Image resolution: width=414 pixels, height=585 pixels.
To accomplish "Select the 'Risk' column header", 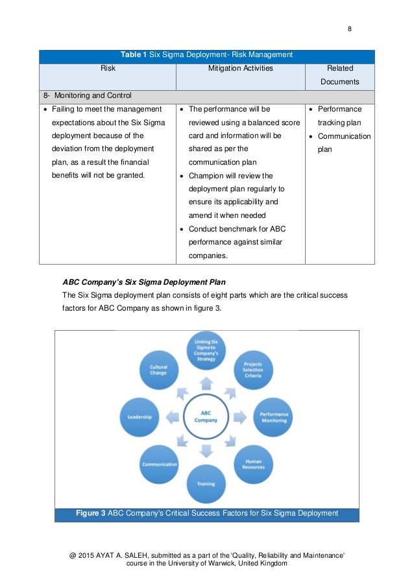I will click(108, 67).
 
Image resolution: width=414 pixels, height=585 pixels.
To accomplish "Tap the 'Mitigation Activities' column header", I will click(240, 67).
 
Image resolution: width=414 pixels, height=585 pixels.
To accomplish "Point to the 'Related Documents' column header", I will click(339, 75).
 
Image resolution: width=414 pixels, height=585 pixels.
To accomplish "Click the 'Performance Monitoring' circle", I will click(273, 417).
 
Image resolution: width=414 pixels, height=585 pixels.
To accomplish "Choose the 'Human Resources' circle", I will click(253, 464).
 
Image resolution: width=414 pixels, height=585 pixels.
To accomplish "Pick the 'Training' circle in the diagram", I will click(206, 484).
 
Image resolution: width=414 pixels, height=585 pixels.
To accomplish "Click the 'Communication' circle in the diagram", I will click(160, 464).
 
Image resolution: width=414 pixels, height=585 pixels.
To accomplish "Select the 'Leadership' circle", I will click(140, 417).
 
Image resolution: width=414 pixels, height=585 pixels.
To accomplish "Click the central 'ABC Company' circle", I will click(206, 416).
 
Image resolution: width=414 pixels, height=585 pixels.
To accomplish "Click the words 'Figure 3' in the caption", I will click(91, 514).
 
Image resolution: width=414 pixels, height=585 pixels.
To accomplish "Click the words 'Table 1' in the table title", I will click(134, 55).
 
